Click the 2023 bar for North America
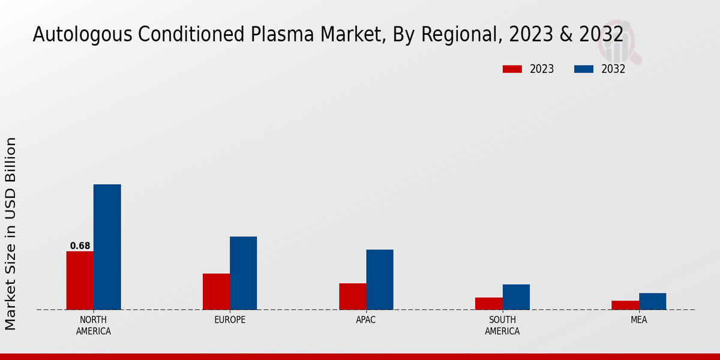click(x=80, y=280)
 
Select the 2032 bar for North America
click(x=107, y=247)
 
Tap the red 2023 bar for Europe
click(x=216, y=292)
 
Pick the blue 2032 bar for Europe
click(x=243, y=273)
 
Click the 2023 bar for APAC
click(x=352, y=296)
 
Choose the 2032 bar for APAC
click(x=380, y=280)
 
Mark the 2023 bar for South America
click(x=489, y=304)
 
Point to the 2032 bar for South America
click(x=516, y=297)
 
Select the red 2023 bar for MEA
click(x=625, y=305)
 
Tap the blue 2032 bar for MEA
click(x=652, y=301)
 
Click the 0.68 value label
click(x=80, y=246)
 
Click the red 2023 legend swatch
click(x=512, y=69)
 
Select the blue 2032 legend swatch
click(x=584, y=69)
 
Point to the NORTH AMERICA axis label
click(x=94, y=326)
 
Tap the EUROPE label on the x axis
click(x=230, y=320)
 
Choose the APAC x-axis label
click(x=366, y=320)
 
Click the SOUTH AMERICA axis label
click(x=502, y=326)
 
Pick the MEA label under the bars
click(x=639, y=320)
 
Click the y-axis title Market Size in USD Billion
click(x=11, y=233)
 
